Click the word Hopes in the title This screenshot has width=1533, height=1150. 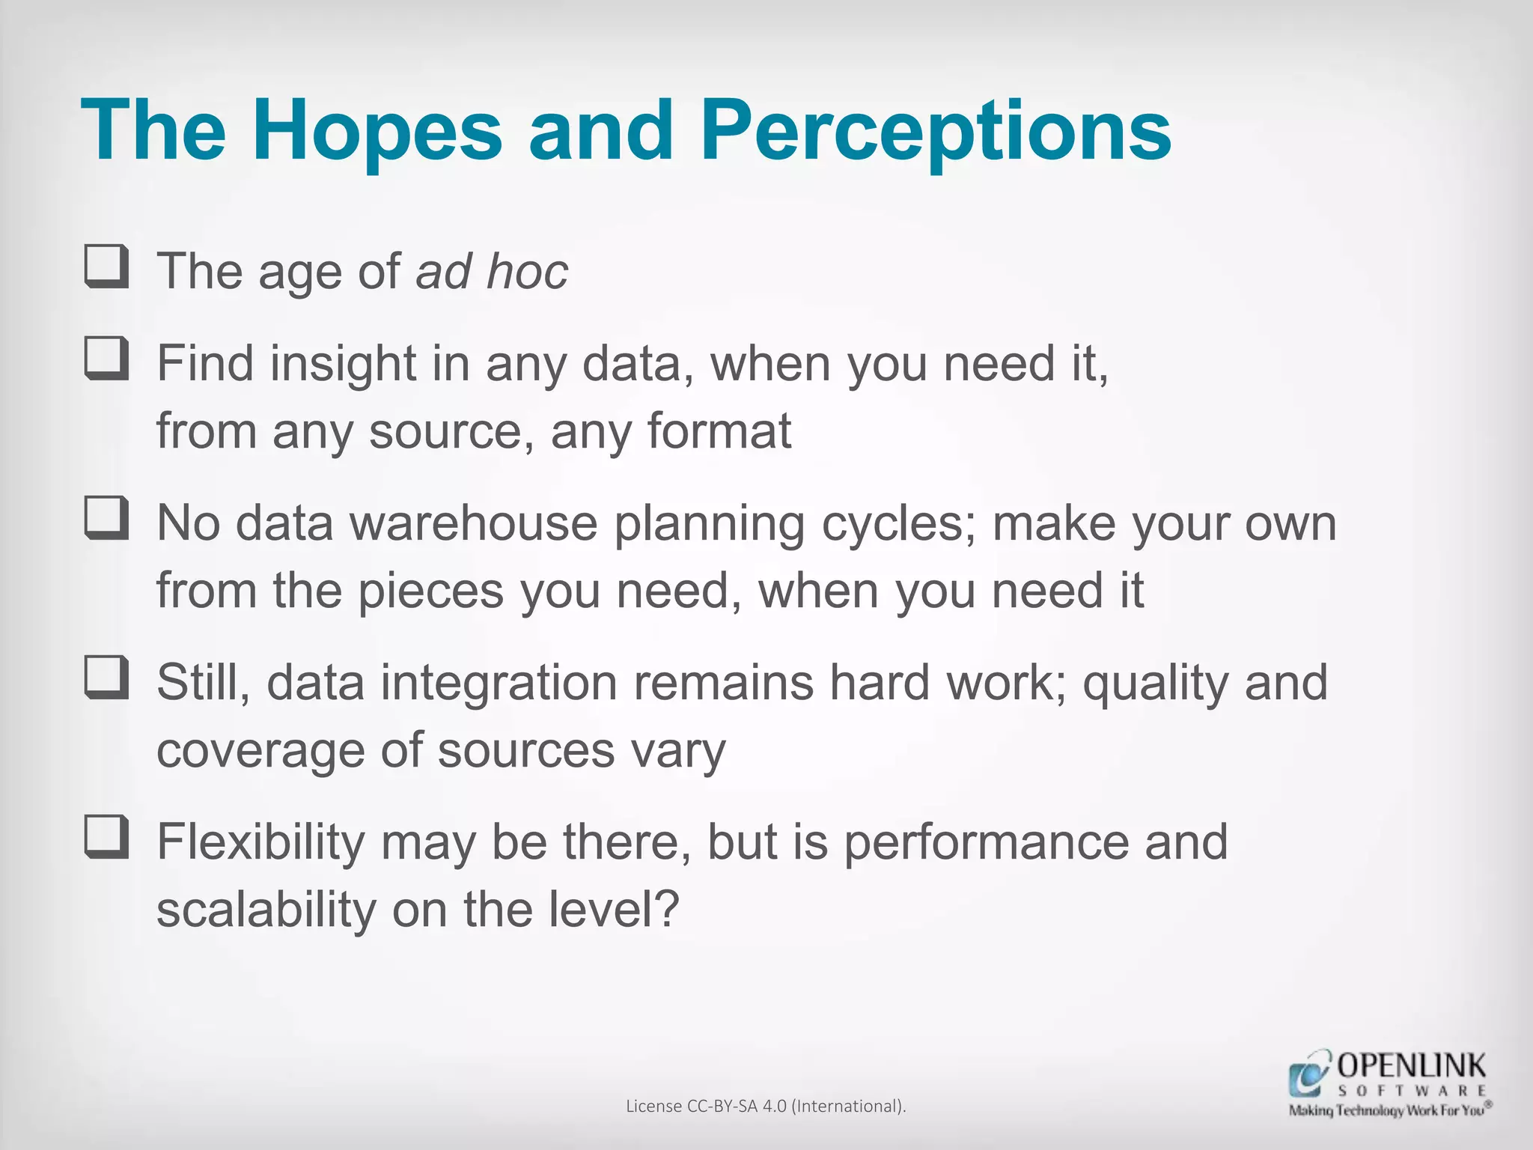(377, 132)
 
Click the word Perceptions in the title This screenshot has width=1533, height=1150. (936, 132)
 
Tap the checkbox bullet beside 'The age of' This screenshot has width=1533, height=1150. (106, 267)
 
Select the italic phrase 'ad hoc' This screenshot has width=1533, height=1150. (492, 271)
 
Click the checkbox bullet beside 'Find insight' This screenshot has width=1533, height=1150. (106, 359)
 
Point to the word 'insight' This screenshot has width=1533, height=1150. (343, 364)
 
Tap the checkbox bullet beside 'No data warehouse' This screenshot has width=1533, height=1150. (106, 518)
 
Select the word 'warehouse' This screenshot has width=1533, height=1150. (474, 523)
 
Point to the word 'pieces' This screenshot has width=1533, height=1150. (431, 591)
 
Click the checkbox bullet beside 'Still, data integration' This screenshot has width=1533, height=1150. (106, 678)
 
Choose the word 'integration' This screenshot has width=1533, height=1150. (499, 683)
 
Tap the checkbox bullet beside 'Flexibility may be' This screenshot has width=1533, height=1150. (106, 837)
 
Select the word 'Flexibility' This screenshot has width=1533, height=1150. (260, 842)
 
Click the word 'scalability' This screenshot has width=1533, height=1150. (266, 910)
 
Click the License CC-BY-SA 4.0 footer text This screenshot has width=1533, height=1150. (766, 1106)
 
